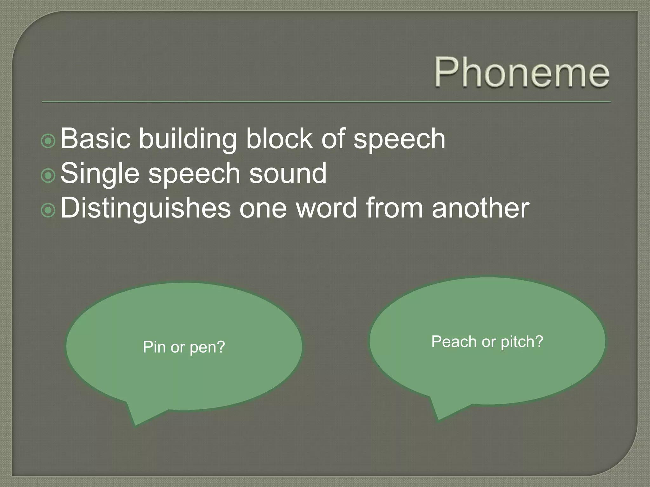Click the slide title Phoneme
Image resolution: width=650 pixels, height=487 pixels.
pos(521,72)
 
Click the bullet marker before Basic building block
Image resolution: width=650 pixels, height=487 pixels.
pos(48,141)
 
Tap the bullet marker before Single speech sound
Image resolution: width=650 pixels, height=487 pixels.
pos(48,175)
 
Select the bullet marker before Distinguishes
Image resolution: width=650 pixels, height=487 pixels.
pos(48,210)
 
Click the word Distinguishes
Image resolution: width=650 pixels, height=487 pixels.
pos(145,209)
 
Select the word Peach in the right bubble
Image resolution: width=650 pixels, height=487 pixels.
pos(454,342)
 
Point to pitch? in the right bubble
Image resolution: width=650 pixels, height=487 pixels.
pos(522,342)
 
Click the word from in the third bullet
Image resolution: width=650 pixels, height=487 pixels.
pos(395,208)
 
